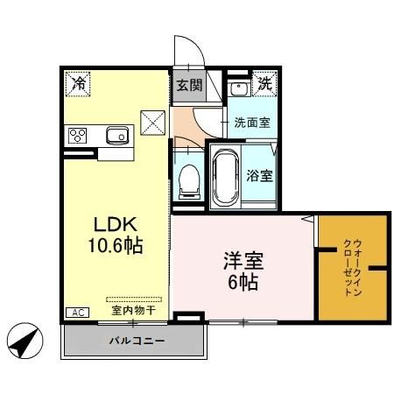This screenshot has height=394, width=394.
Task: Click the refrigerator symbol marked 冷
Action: (x=79, y=84)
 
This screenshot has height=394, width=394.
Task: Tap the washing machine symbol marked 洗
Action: (x=264, y=86)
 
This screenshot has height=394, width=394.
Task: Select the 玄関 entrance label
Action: (x=186, y=86)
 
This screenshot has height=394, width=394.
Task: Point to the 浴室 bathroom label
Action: (x=260, y=174)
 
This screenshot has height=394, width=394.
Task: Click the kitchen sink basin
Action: (x=116, y=135)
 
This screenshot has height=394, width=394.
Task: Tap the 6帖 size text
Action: (x=243, y=282)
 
